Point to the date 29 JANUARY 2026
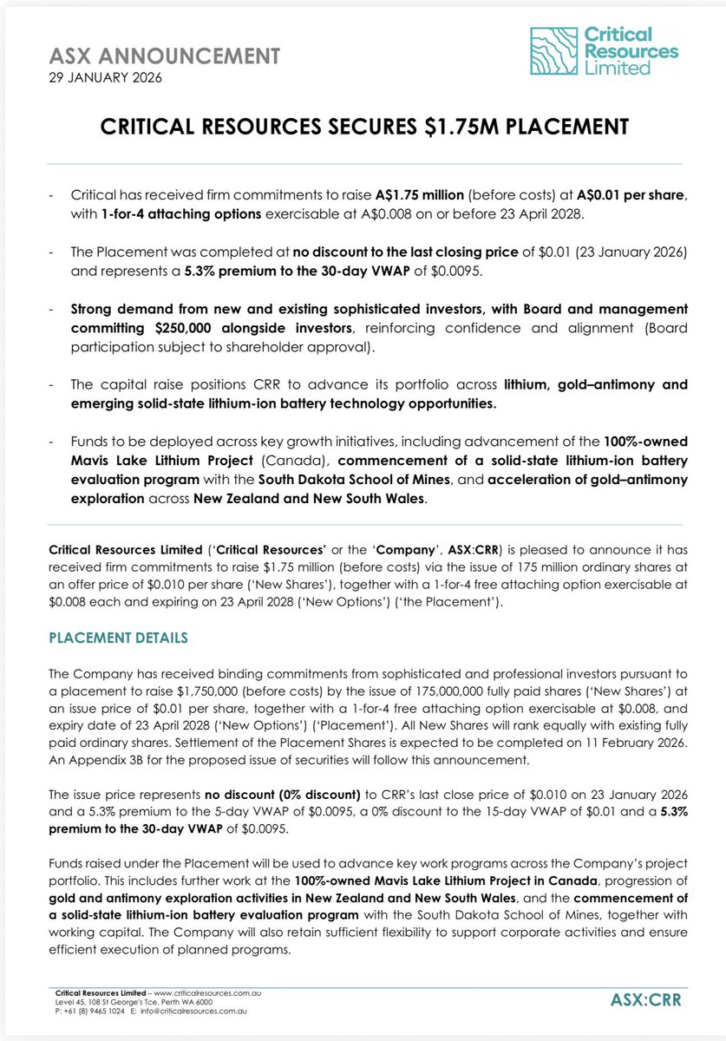point(102,78)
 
